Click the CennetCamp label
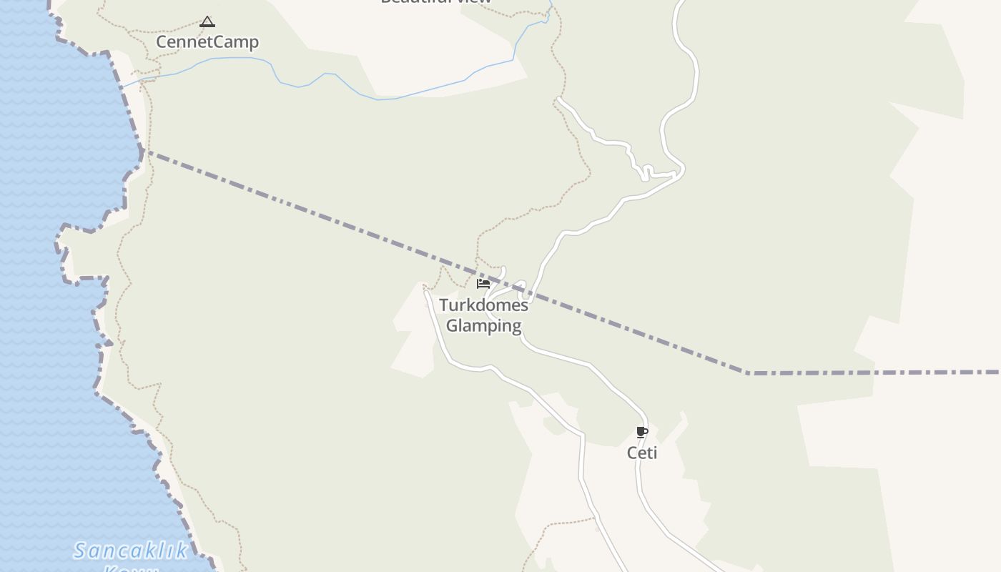pos(207,42)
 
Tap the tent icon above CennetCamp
pos(207,22)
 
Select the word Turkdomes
pos(483,305)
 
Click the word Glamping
pos(483,326)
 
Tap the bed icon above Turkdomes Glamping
pos(483,284)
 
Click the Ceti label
pos(641,453)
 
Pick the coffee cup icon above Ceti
pos(641,432)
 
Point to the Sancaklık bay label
pos(131,551)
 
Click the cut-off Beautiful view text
pos(436,2)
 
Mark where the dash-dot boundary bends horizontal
pos(747,373)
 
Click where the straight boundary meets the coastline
pos(142,151)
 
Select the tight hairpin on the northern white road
pos(646,172)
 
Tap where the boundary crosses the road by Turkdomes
pos(530,291)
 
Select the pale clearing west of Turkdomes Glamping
pos(415,336)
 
